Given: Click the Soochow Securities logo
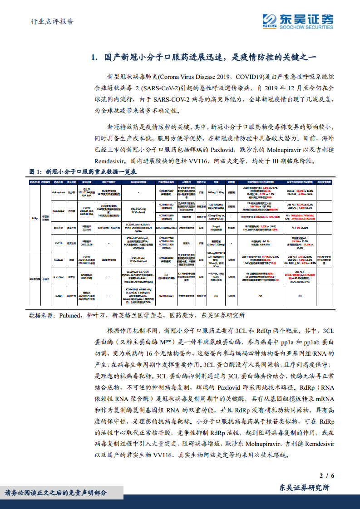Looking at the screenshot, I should (x=297, y=21).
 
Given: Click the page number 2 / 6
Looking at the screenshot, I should (x=327, y=475).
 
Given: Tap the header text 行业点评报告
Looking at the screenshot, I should (x=51, y=22).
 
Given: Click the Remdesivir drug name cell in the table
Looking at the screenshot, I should (x=59, y=211).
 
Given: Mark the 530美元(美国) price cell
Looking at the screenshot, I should (x=97, y=260).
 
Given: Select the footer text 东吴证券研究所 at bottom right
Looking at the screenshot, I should (x=304, y=488).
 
